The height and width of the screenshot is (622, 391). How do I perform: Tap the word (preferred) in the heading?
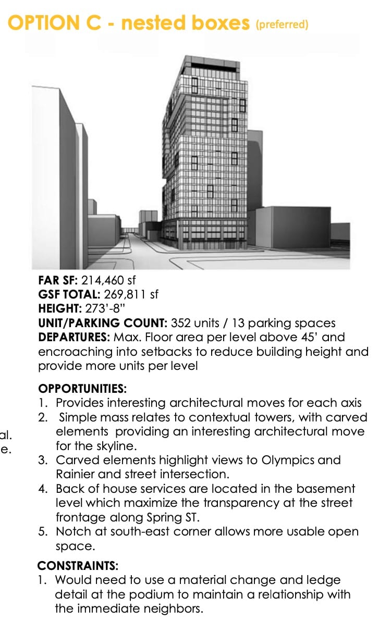tap(282, 24)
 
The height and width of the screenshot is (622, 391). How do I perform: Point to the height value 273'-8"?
tap(104, 308)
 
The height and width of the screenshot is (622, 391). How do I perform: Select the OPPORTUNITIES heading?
tap(82, 389)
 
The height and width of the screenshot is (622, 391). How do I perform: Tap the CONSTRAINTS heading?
tap(78, 565)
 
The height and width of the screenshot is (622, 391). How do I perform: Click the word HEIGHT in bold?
tap(57, 308)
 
